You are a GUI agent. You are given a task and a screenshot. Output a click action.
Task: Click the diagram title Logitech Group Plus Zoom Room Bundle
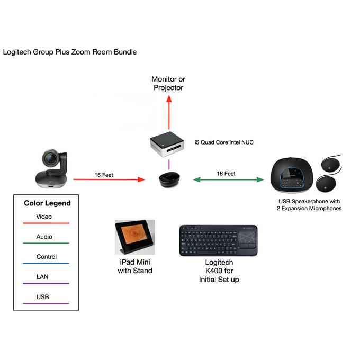70,52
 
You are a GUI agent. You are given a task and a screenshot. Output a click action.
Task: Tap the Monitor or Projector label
168,84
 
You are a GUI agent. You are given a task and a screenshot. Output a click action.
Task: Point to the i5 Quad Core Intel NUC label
224,142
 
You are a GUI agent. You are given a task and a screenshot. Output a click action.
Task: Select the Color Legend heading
47,203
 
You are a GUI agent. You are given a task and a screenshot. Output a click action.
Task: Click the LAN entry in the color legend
43,277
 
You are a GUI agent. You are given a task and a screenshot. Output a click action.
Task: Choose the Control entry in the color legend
46,257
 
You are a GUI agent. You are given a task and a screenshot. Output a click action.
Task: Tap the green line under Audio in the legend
46,243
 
